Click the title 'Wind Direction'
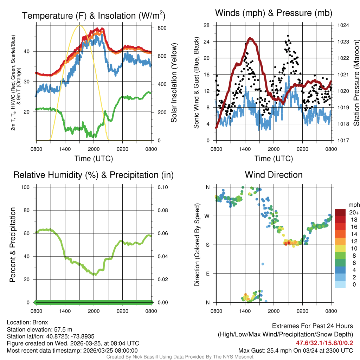[x=274, y=175]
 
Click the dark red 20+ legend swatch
[x=340, y=212]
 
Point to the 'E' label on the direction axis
[x=208, y=274]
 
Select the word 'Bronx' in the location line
[x=40, y=322]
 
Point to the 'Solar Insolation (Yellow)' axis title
[x=174, y=83]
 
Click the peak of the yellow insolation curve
[x=79, y=25]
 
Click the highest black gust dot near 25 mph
[x=288, y=36]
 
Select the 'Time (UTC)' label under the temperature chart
[x=94, y=159]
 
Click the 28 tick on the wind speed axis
[x=207, y=25]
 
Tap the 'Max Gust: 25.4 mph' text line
[x=296, y=350]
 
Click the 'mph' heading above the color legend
[x=353, y=205]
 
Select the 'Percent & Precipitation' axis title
[x=12, y=245]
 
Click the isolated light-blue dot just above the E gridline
[x=262, y=264]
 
